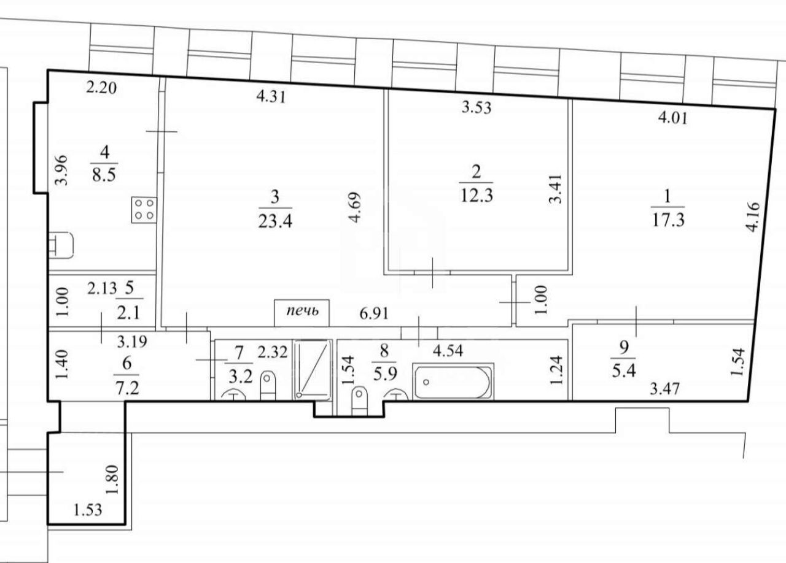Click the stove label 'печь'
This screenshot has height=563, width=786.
(303, 311)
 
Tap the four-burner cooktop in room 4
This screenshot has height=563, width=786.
(144, 210)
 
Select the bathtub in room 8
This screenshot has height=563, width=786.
(453, 381)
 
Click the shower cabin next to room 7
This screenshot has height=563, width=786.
(313, 370)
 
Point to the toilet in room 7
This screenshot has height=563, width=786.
(268, 386)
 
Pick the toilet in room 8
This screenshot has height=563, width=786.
(359, 400)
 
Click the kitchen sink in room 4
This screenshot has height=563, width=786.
(61, 245)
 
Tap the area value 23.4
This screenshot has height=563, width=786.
(275, 221)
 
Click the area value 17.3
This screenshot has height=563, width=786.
(668, 220)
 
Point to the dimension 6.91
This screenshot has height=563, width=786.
(374, 313)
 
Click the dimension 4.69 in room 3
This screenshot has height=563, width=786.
(355, 207)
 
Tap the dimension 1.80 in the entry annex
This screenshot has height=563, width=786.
(113, 480)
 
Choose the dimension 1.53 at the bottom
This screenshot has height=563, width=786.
(88, 510)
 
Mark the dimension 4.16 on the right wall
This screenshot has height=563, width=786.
(753, 217)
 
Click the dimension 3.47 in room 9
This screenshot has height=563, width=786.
(664, 389)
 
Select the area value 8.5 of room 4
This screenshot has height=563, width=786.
(104, 174)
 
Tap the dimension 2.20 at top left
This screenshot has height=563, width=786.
(101, 88)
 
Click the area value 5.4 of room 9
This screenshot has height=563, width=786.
(624, 370)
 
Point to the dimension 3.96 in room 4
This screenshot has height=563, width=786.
(62, 170)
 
